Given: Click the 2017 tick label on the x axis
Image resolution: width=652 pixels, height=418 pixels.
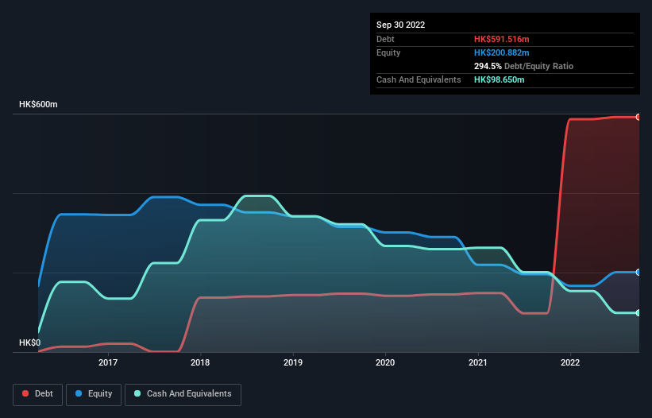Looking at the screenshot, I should click(x=108, y=362).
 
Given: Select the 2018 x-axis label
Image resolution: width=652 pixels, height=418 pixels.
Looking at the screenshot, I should click(x=201, y=362).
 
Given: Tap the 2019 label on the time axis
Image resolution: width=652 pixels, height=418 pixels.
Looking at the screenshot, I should click(x=293, y=362).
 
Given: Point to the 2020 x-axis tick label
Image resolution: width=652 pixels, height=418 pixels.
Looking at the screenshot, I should click(x=385, y=362).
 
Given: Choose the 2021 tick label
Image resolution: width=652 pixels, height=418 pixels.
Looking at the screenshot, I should click(x=478, y=362).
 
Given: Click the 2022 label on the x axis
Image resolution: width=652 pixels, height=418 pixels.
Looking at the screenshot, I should click(x=570, y=362).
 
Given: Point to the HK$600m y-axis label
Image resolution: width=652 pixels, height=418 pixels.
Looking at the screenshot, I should click(x=39, y=105).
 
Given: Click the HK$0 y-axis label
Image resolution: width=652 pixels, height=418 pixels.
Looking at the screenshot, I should click(x=30, y=343).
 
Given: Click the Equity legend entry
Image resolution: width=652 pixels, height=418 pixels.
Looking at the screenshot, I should click(x=94, y=394).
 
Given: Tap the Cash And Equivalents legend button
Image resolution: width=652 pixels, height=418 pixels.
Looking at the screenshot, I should click(x=183, y=394).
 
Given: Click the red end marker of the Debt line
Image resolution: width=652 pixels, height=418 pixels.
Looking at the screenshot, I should click(x=638, y=117).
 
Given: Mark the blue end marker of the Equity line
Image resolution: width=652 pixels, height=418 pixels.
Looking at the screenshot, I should click(x=638, y=272).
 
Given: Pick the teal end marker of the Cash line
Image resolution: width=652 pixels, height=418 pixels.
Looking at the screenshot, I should click(x=638, y=313).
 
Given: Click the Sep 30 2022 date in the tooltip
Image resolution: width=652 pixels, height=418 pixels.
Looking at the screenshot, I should click(x=401, y=25).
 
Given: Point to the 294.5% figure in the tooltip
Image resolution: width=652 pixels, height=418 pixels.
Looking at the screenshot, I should click(x=490, y=66).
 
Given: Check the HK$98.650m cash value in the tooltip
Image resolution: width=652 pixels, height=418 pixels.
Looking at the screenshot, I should click(x=500, y=79).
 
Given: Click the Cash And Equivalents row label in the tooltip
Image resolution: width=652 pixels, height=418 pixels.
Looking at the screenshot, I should click(x=419, y=79).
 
